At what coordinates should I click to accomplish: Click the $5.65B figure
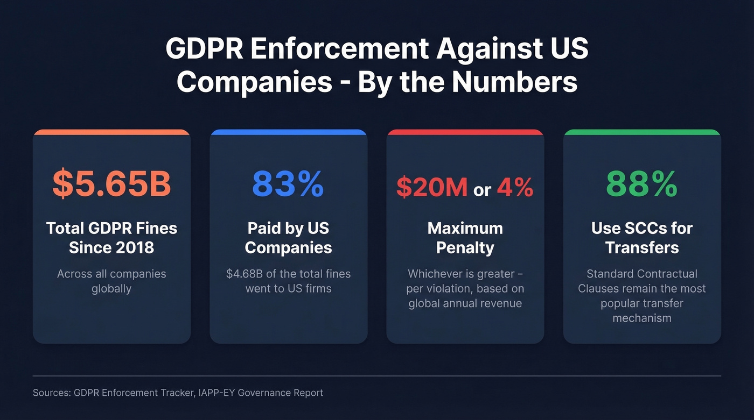click(x=111, y=184)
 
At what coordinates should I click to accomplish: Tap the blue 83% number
click(x=288, y=184)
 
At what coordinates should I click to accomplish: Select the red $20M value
click(x=431, y=187)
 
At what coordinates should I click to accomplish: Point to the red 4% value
click(x=515, y=187)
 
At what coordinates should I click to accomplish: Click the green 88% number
click(x=641, y=184)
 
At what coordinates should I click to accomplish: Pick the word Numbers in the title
click(x=514, y=82)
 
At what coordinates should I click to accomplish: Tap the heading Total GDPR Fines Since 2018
click(x=111, y=238)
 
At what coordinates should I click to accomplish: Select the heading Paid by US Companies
click(x=288, y=238)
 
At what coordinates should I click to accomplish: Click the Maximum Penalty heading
click(x=465, y=238)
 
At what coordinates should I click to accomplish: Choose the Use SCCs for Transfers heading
click(x=641, y=238)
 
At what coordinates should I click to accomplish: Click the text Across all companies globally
click(x=111, y=281)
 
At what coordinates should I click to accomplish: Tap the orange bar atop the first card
click(x=111, y=132)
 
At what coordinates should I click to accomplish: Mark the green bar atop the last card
click(x=641, y=132)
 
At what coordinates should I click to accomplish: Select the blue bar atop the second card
click(x=288, y=132)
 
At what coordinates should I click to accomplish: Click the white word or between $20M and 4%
click(x=482, y=189)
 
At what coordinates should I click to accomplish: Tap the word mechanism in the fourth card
click(x=641, y=318)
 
